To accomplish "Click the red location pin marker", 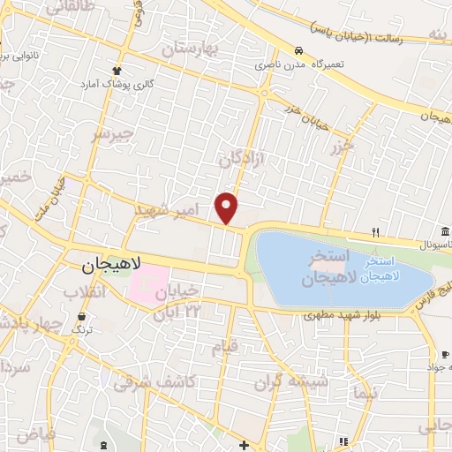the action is point(227,207).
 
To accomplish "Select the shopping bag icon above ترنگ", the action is point(82,314).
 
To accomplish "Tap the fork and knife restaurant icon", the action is point(376,233).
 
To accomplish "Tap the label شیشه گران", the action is point(291,382).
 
